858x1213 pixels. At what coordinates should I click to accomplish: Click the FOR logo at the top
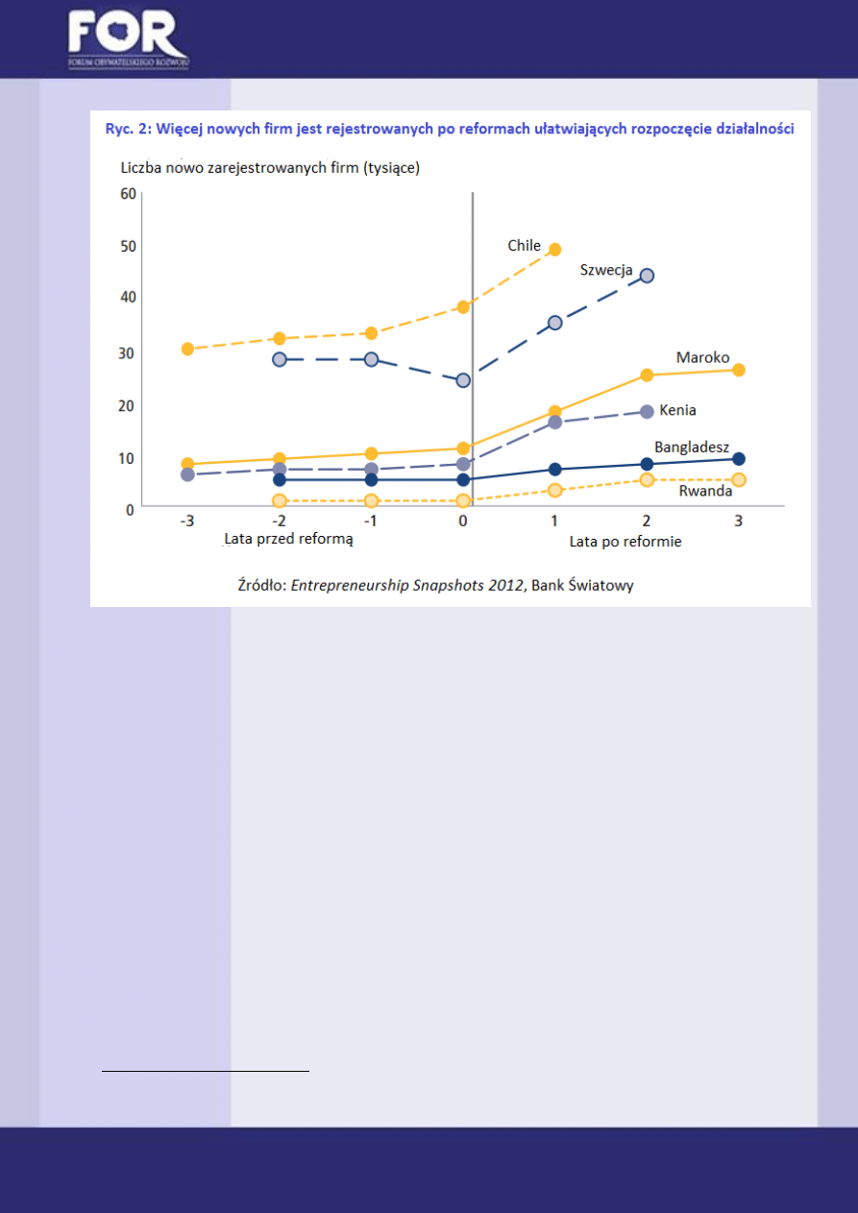click(127, 39)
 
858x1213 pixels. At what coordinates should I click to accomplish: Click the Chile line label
click(525, 246)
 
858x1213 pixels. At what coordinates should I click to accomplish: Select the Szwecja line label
click(606, 271)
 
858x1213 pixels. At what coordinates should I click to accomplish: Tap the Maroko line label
click(702, 357)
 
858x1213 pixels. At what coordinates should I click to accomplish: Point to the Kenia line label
click(677, 410)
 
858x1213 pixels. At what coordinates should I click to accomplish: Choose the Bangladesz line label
click(692, 448)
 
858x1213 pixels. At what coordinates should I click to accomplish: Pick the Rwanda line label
click(706, 491)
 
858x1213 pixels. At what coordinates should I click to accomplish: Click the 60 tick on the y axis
click(127, 193)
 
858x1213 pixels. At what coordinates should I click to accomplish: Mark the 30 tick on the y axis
click(127, 352)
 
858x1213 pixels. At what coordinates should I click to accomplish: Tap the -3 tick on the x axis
click(187, 522)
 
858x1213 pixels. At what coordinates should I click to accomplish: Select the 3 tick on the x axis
click(738, 522)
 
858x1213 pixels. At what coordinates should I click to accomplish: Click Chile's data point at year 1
click(554, 250)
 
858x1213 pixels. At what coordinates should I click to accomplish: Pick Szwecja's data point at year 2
click(647, 276)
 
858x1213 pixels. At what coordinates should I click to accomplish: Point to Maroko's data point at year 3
click(738, 370)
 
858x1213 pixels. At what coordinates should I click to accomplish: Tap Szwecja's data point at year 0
click(463, 380)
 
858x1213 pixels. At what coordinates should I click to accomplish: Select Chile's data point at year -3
click(187, 349)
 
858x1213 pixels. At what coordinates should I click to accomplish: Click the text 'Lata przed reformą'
click(289, 540)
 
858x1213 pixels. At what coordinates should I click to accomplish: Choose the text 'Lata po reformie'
click(625, 542)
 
